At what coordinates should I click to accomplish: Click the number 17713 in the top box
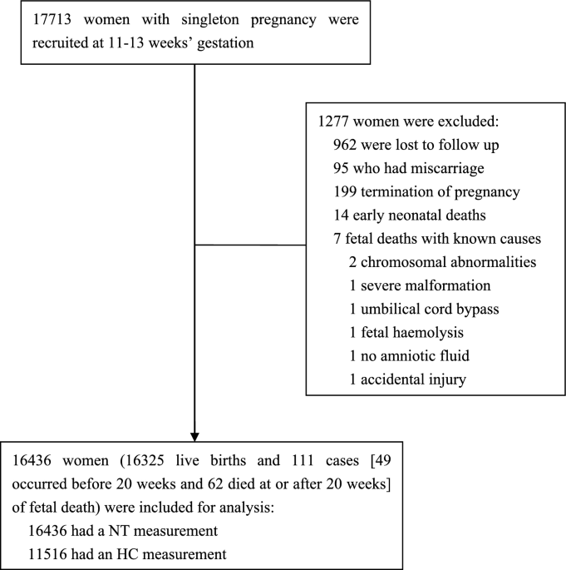[52, 19]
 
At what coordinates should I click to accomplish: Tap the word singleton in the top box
[210, 20]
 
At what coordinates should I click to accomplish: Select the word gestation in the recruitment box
[225, 43]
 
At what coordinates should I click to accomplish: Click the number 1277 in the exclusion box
[333, 121]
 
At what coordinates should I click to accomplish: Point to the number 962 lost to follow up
[345, 145]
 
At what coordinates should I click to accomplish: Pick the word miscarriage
[440, 169]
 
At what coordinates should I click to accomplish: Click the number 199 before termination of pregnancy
[345, 191]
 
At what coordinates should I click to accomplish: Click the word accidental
[393, 379]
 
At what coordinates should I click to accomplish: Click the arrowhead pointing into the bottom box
[194, 437]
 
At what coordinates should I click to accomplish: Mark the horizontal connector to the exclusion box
[250, 245]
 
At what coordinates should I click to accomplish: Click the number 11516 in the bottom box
[47, 554]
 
